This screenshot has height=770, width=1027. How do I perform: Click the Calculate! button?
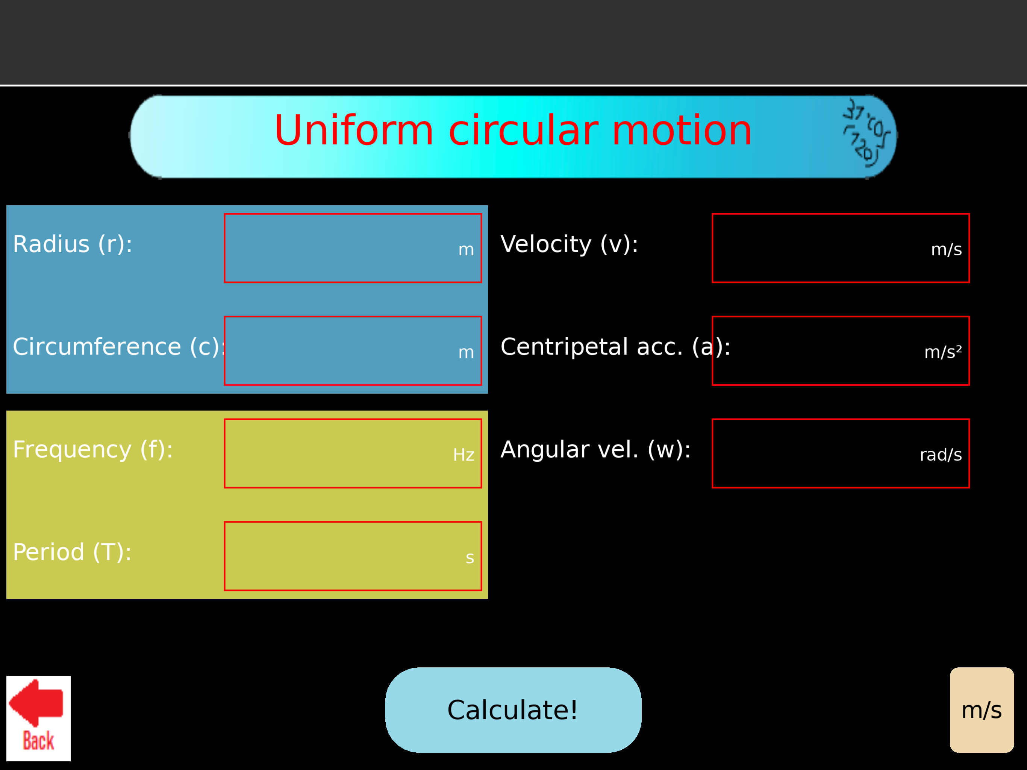click(x=513, y=710)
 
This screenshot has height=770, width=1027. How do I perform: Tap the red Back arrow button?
click(x=38, y=718)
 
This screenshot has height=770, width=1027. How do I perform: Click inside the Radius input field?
click(x=344, y=248)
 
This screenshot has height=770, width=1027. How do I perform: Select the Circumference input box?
click(x=344, y=351)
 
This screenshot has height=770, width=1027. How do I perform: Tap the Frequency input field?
click(x=344, y=453)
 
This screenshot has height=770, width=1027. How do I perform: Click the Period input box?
click(x=344, y=556)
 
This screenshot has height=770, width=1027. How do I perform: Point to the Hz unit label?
click(x=464, y=455)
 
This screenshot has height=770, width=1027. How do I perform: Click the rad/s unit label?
click(x=940, y=455)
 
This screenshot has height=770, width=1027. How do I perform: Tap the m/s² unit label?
click(x=942, y=352)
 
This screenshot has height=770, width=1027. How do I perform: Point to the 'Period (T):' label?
click(x=72, y=552)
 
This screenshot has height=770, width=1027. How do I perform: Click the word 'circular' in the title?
click(x=523, y=130)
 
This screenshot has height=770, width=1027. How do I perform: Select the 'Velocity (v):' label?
click(x=569, y=244)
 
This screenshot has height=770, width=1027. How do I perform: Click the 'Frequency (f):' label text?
click(x=93, y=450)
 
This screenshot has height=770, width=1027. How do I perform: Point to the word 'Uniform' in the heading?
click(x=354, y=130)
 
